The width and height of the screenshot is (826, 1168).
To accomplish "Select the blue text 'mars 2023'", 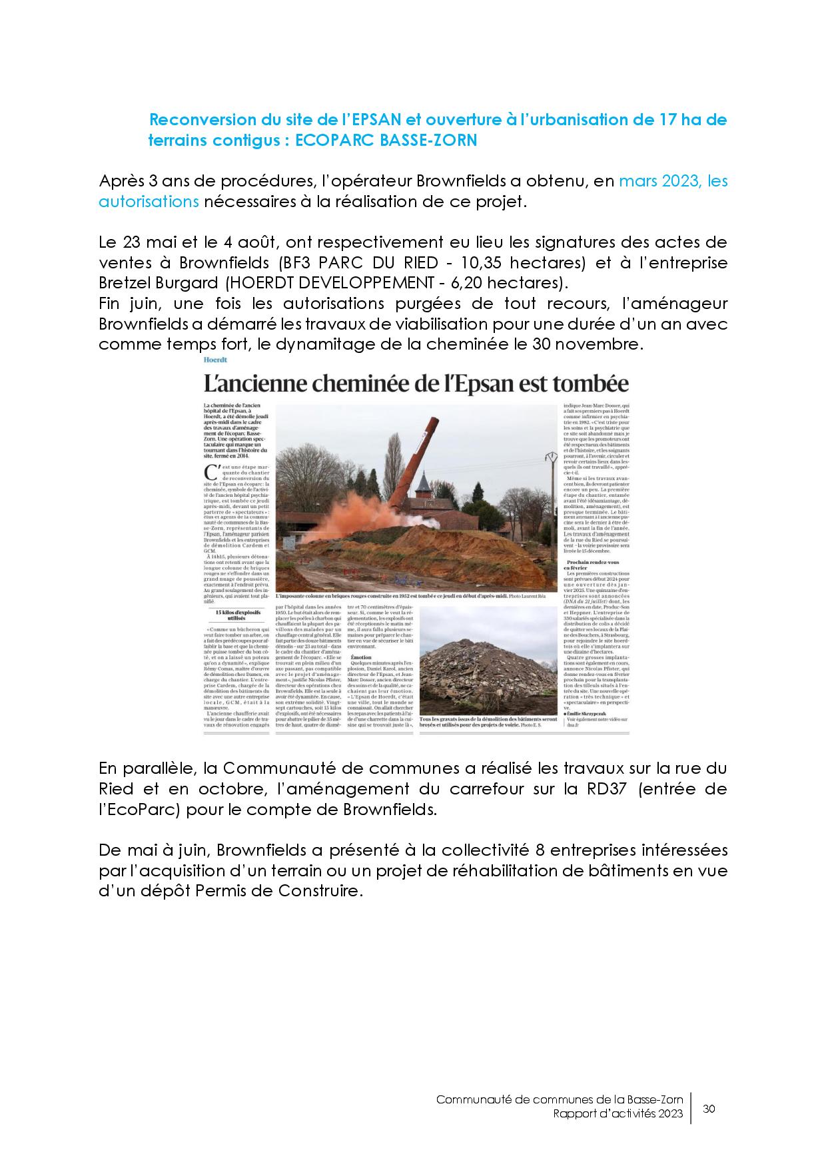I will point(659,181).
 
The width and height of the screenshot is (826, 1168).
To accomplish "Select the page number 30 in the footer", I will point(709,1109).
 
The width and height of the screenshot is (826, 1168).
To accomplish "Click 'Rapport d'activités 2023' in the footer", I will point(618,1115).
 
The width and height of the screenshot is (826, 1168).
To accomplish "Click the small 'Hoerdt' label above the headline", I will point(216,360).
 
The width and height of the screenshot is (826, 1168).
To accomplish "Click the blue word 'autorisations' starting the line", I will point(149,201).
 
